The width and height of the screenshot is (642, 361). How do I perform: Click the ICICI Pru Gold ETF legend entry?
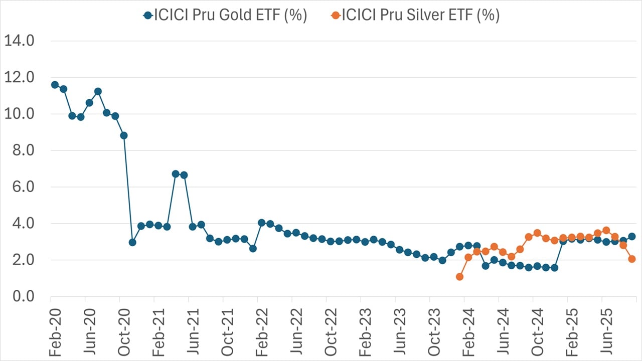225,15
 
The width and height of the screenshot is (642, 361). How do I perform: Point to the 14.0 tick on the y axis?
19,41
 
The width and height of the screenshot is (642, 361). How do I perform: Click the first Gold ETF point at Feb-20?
55,85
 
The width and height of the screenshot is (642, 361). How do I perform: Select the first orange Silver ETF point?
459,277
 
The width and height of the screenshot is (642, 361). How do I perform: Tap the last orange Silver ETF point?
632,259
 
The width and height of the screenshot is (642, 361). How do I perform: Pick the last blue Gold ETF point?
632,236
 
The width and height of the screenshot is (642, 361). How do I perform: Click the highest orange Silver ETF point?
606,230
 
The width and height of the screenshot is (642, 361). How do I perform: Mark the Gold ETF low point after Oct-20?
132,242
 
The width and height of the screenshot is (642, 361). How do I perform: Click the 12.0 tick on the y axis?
19,78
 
